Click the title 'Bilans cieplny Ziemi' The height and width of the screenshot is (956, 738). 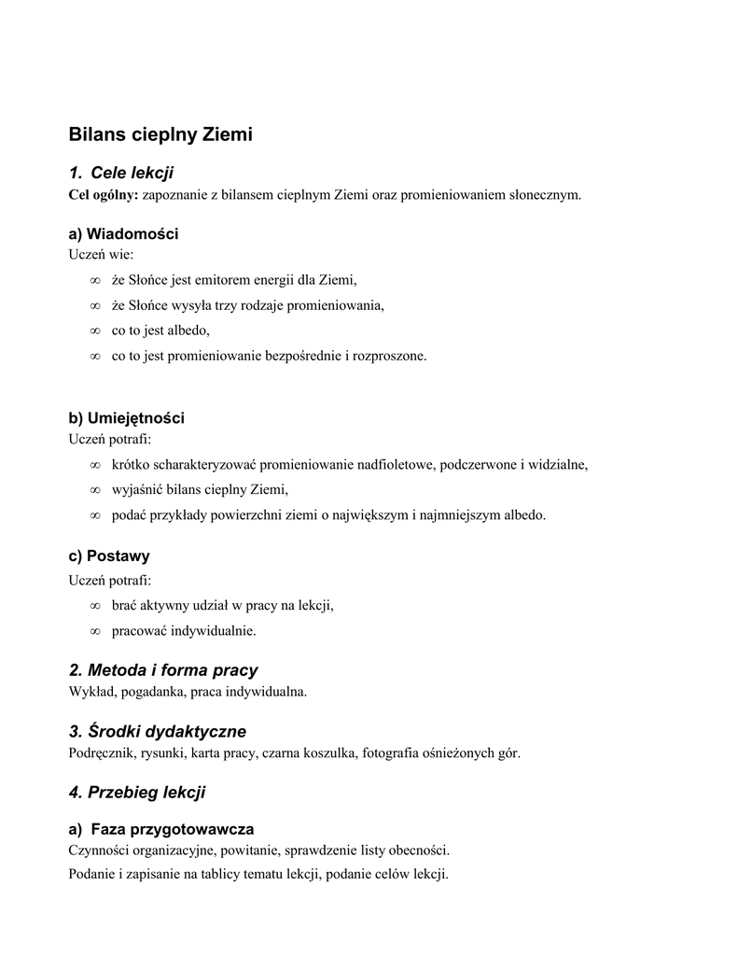click(x=160, y=134)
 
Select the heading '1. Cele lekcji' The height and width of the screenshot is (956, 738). click(x=121, y=174)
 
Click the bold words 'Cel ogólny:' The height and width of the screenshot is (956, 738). click(x=104, y=194)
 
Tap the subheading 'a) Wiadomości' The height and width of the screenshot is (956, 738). click(x=123, y=233)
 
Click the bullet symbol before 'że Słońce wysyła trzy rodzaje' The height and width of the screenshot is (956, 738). click(x=94, y=305)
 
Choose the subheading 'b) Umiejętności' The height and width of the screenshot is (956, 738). click(x=127, y=417)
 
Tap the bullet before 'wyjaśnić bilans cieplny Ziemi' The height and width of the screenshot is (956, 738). click(x=94, y=489)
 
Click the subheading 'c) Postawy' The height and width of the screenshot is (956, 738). click(x=109, y=555)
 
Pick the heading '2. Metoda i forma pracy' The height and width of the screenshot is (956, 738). click(x=163, y=670)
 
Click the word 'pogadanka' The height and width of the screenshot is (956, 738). click(x=148, y=692)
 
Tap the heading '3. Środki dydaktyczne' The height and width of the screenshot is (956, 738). click(x=158, y=731)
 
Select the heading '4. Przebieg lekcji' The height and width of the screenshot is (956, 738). click(x=137, y=793)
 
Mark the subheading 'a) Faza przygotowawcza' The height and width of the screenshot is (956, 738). click(x=161, y=829)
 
